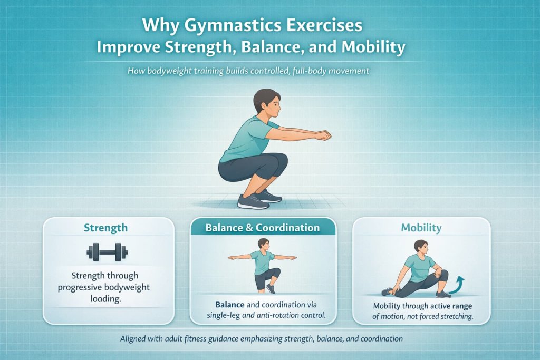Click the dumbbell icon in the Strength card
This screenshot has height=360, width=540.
pos(108,251)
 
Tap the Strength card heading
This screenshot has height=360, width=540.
pos(105,228)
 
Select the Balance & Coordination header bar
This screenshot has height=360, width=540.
pos(263,228)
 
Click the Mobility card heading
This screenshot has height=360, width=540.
pos(421,228)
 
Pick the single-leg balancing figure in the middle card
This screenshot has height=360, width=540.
pos(263,265)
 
